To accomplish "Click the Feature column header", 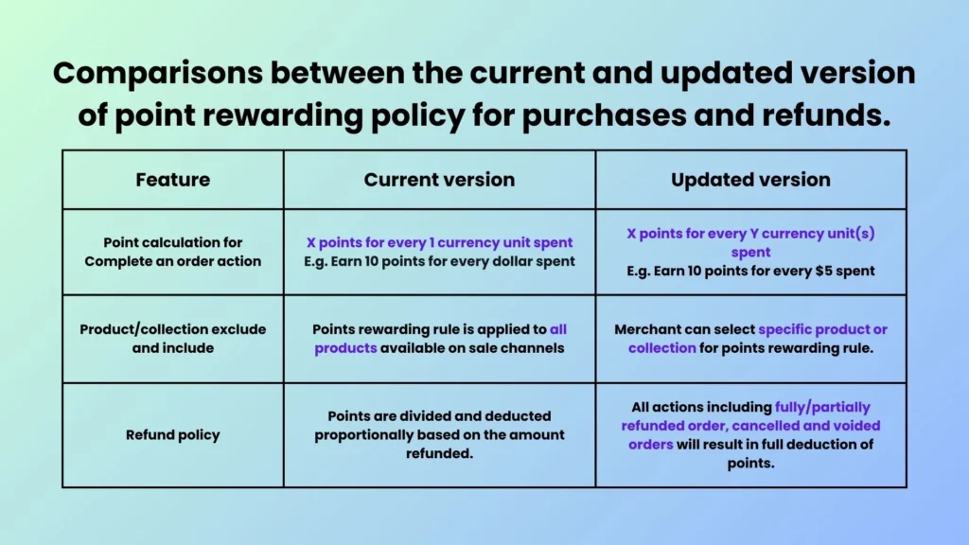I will point(173,180).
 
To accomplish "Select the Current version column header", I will point(439,180).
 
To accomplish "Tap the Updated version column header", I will point(750,180).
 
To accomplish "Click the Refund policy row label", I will point(173,435).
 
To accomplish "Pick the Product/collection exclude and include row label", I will point(173,339).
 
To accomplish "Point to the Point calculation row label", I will point(173,252).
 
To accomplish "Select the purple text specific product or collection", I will point(757,339).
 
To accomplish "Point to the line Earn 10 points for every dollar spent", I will point(439,261).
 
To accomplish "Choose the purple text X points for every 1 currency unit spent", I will point(439,242).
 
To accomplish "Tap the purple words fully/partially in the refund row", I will point(823,408).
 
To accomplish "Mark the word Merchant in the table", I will point(651,330).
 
